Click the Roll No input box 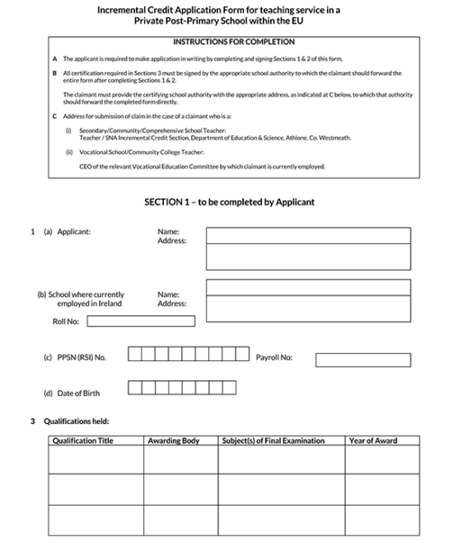click(141, 322)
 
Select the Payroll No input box click(362, 360)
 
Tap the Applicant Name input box click(308, 236)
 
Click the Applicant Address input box click(308, 257)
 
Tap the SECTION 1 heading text click(229, 202)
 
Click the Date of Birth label click(72, 393)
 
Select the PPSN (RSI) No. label click(75, 357)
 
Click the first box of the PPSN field click(137, 355)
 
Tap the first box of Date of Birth click(137, 387)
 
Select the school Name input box click(308, 287)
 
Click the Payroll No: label click(274, 358)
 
